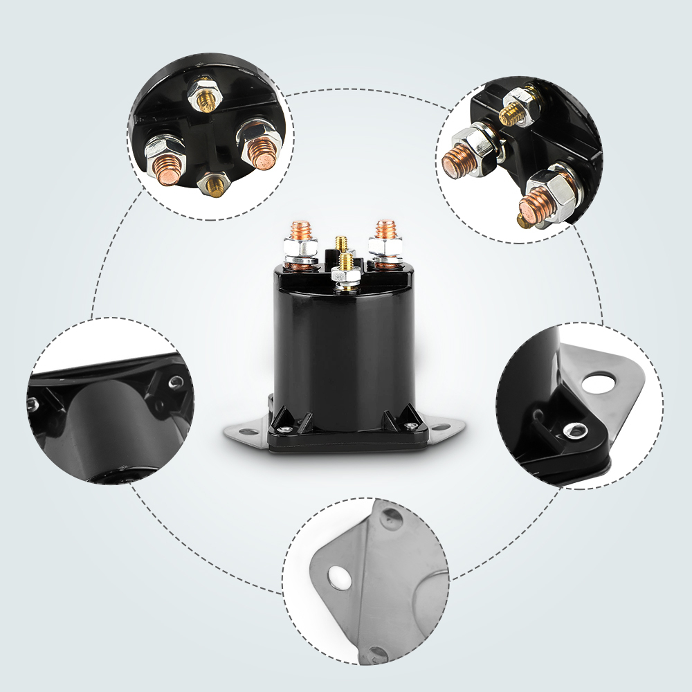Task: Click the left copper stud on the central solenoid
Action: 300,230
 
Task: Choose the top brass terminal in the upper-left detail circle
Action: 206,102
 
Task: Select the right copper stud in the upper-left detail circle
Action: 262,153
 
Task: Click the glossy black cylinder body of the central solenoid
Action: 346,346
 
